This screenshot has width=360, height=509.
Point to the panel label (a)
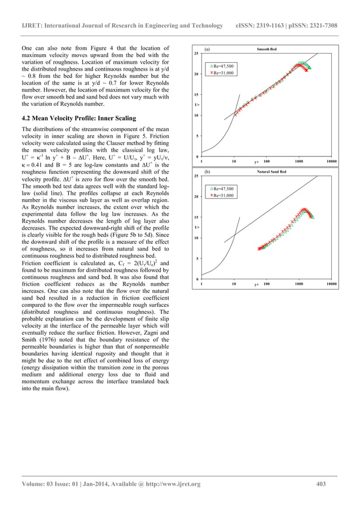[x=208, y=49]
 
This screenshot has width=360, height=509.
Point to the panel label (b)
[x=208, y=171]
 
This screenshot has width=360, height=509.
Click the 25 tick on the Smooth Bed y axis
[x=196, y=54]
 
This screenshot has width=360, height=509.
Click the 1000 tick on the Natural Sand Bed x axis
[x=298, y=284]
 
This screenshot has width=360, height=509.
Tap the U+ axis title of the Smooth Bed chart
[x=196, y=105]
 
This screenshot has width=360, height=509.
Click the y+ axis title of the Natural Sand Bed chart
[x=257, y=285]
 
